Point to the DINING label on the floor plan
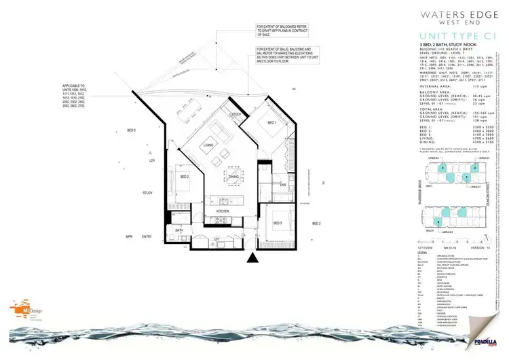pos(233,178)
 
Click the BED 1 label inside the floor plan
pos(271,123)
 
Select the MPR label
pos(128,237)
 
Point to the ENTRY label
pos(147,237)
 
